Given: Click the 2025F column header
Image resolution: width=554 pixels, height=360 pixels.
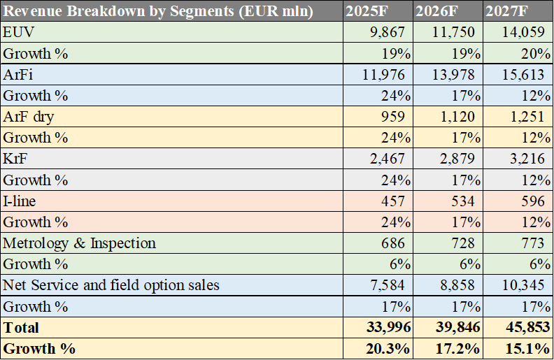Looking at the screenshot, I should pos(369,12).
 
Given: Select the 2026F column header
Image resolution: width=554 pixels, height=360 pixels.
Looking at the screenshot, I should pos(439,12).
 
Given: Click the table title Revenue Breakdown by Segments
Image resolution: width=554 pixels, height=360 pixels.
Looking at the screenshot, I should pos(158,12).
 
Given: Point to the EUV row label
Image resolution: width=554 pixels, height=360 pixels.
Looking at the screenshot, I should pos(17,33).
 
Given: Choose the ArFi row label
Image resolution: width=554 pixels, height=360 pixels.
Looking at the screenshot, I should pos(18,75).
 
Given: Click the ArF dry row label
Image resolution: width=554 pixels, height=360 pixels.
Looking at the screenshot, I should pos(28,117).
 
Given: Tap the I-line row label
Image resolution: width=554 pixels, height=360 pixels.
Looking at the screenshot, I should pos(20,201).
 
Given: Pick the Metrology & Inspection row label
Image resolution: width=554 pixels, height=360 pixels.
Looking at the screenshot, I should pos(80,243).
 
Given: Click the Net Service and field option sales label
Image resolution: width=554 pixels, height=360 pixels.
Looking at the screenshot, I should pos(111,285).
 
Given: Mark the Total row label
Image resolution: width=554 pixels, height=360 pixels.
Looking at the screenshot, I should pos(22,327).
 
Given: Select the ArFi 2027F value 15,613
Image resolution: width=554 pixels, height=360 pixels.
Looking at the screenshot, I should pos(524,75).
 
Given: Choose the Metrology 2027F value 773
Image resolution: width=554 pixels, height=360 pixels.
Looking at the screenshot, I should pos(533,243).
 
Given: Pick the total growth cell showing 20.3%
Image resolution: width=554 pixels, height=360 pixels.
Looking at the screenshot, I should pos(388,348).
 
